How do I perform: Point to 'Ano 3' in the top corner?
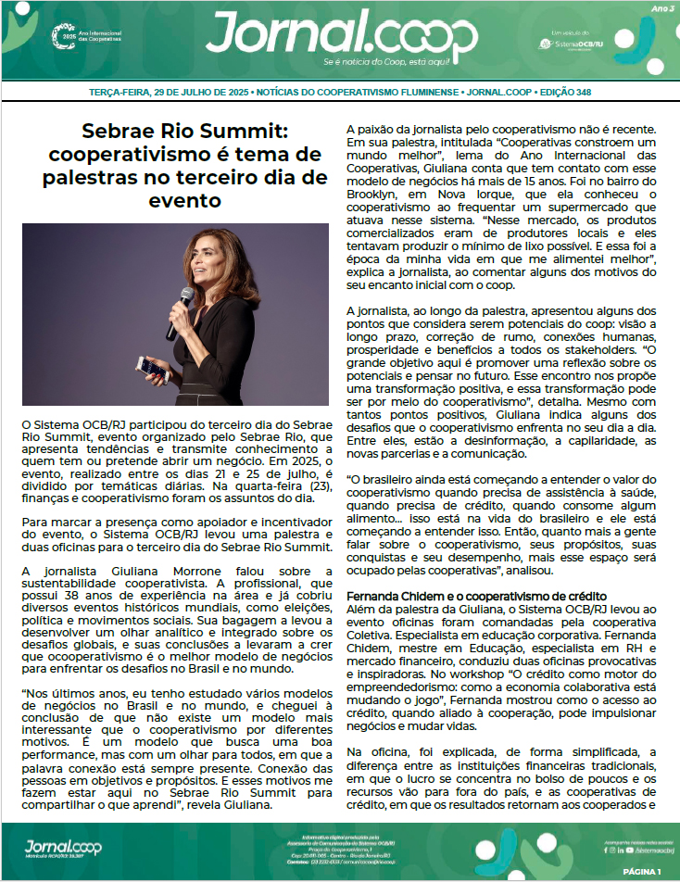pyautogui.click(x=662, y=8)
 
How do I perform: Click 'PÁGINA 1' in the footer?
pyautogui.click(x=641, y=872)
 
